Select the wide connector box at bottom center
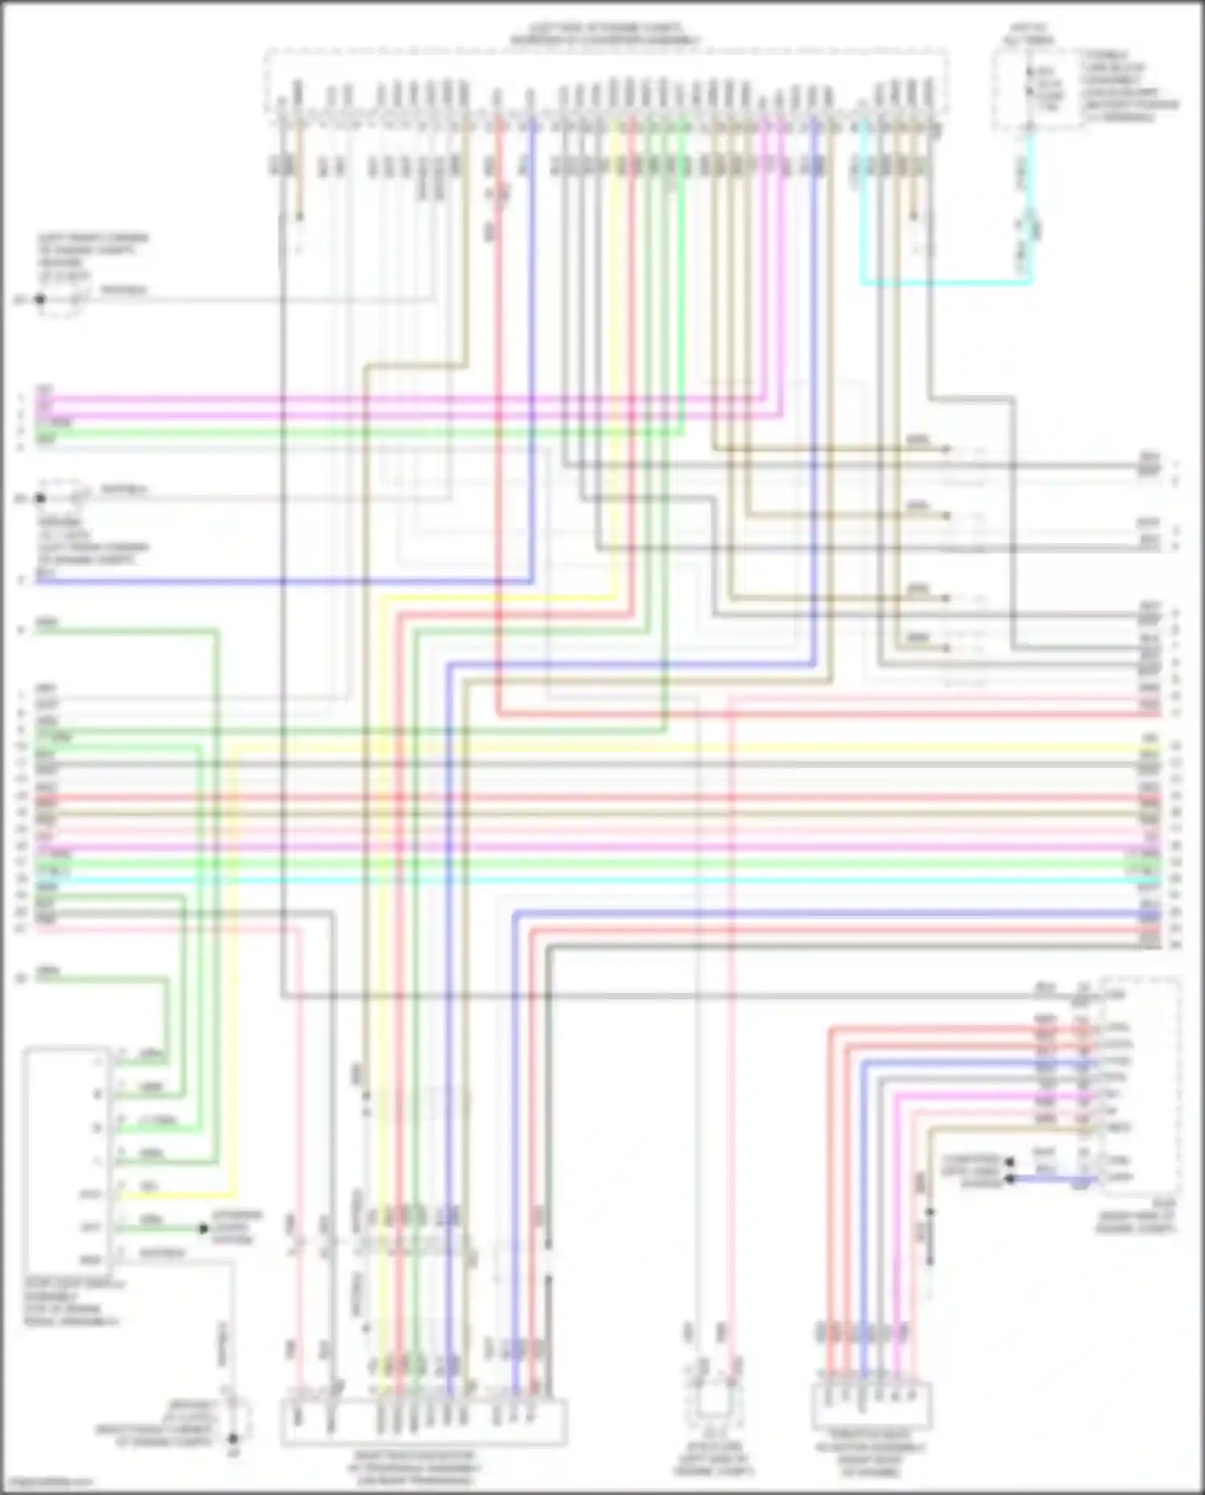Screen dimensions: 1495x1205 (x=423, y=1423)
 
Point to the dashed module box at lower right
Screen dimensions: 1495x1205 (x=1141, y=1084)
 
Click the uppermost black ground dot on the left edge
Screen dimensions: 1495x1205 (x=39, y=300)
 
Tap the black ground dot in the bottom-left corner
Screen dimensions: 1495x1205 (x=233, y=1439)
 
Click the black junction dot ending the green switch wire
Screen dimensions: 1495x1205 (x=203, y=1228)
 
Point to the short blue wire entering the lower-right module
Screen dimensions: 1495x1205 (x=1052, y=1179)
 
